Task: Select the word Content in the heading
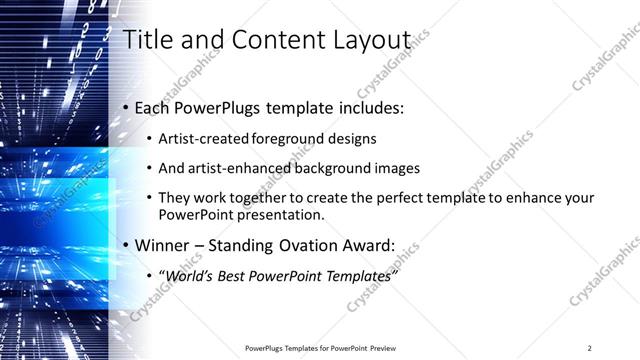click(x=265, y=40)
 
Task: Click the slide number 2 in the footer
click(x=590, y=347)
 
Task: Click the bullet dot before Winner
click(x=124, y=244)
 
